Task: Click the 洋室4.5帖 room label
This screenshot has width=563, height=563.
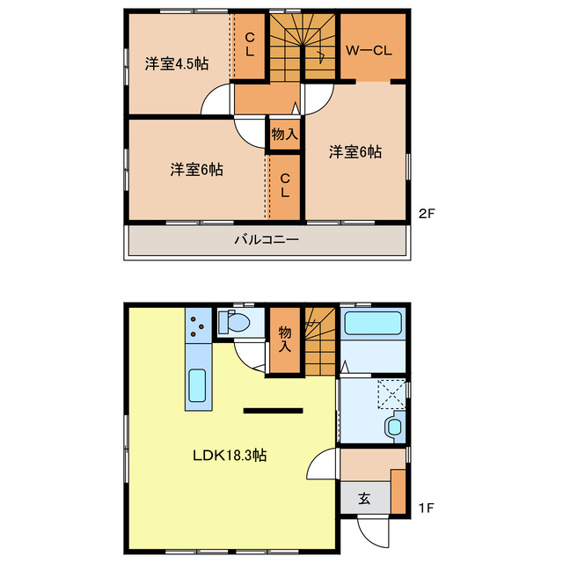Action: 177,63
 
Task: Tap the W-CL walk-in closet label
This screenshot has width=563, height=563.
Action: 367,51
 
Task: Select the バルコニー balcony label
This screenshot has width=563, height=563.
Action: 267,239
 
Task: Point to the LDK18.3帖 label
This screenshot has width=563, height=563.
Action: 230,457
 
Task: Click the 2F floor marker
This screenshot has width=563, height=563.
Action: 426,212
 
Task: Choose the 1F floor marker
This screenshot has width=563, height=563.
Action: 426,508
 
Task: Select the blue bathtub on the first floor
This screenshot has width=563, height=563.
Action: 374,323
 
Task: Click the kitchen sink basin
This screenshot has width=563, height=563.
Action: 197,385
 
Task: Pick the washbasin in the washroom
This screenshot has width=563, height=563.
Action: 393,428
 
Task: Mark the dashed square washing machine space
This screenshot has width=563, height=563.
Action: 391,393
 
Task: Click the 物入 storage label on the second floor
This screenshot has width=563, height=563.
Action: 284,135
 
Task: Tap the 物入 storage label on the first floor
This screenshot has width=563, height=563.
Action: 285,339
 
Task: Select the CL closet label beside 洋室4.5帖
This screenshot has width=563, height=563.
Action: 250,45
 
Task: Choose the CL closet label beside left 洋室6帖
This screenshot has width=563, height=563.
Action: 285,186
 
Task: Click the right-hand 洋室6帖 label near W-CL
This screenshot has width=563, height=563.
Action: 355,152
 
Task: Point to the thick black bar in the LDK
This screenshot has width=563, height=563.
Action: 273,409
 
